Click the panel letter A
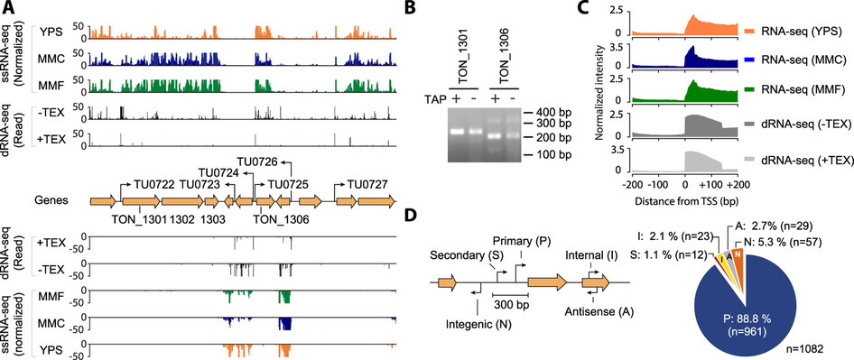click(x=7, y=8)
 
